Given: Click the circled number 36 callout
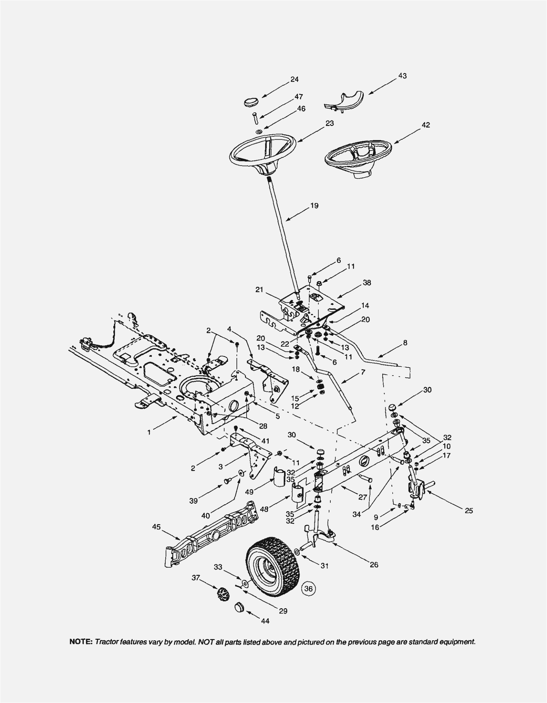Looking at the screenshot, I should (308, 588).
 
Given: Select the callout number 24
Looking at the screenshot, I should (294, 80).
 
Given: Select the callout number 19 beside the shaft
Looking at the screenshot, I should (314, 205).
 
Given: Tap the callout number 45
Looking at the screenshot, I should (156, 527).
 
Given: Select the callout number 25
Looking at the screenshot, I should (469, 511).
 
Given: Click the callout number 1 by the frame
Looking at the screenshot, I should (149, 432).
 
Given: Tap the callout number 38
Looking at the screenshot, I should (367, 283).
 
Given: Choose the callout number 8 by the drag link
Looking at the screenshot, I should (405, 343).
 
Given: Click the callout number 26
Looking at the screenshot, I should (374, 565).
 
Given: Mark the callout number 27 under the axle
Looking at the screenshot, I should (363, 497).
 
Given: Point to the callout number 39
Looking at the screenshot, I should (193, 501).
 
